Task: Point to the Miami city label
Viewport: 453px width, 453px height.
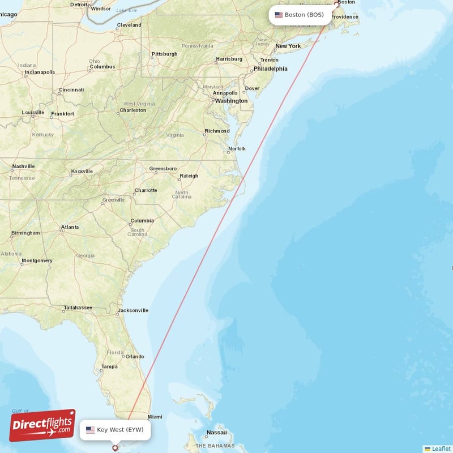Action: point(155,417)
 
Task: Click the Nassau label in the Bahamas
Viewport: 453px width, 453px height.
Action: point(216,432)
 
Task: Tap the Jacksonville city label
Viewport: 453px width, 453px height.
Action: point(133,310)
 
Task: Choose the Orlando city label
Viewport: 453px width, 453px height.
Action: point(135,357)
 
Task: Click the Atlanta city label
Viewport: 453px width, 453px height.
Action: point(70,227)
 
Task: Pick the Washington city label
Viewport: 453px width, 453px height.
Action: point(231,101)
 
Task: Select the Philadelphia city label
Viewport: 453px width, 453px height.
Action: point(271,69)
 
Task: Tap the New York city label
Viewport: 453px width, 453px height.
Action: point(288,46)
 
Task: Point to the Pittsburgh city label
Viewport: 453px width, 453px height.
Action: point(164,54)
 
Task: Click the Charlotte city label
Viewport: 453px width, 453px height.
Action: point(146,190)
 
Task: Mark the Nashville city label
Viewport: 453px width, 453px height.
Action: point(23,166)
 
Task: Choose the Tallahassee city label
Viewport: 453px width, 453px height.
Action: point(78,307)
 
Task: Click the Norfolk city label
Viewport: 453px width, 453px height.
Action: point(237,149)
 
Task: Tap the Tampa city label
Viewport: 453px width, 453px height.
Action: point(109,366)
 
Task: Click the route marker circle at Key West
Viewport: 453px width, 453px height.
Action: point(116,448)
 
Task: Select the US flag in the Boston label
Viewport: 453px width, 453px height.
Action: point(279,15)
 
